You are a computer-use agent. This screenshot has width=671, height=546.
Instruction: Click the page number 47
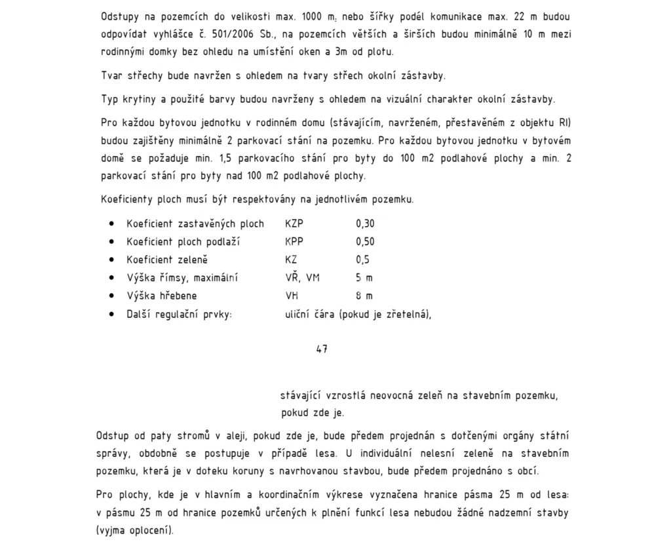coord(322,349)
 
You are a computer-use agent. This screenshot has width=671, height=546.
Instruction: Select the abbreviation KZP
coord(294,224)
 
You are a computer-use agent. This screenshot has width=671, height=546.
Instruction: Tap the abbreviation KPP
coord(294,242)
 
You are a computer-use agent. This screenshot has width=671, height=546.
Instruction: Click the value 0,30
coord(365,224)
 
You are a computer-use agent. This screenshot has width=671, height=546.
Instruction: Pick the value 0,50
coord(365,242)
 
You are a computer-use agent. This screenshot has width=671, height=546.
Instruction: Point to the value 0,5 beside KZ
coord(362,260)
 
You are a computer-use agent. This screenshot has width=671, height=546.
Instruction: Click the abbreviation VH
coord(292,296)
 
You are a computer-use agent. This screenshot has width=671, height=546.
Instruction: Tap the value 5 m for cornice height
coord(364,278)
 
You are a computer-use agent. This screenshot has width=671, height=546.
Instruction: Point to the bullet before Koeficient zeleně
coord(112,260)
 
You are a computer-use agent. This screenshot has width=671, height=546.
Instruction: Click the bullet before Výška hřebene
coord(112,296)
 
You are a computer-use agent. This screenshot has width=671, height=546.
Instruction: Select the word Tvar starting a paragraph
coord(111,75)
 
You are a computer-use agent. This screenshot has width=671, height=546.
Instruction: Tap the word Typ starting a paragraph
coord(109,100)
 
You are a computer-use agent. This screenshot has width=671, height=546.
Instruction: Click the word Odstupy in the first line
coord(121,16)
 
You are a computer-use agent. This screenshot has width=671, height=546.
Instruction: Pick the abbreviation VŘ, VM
coord(302,278)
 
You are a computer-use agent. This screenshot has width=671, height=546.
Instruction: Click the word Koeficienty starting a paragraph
coord(126,199)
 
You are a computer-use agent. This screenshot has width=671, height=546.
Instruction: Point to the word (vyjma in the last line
coord(112,530)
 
